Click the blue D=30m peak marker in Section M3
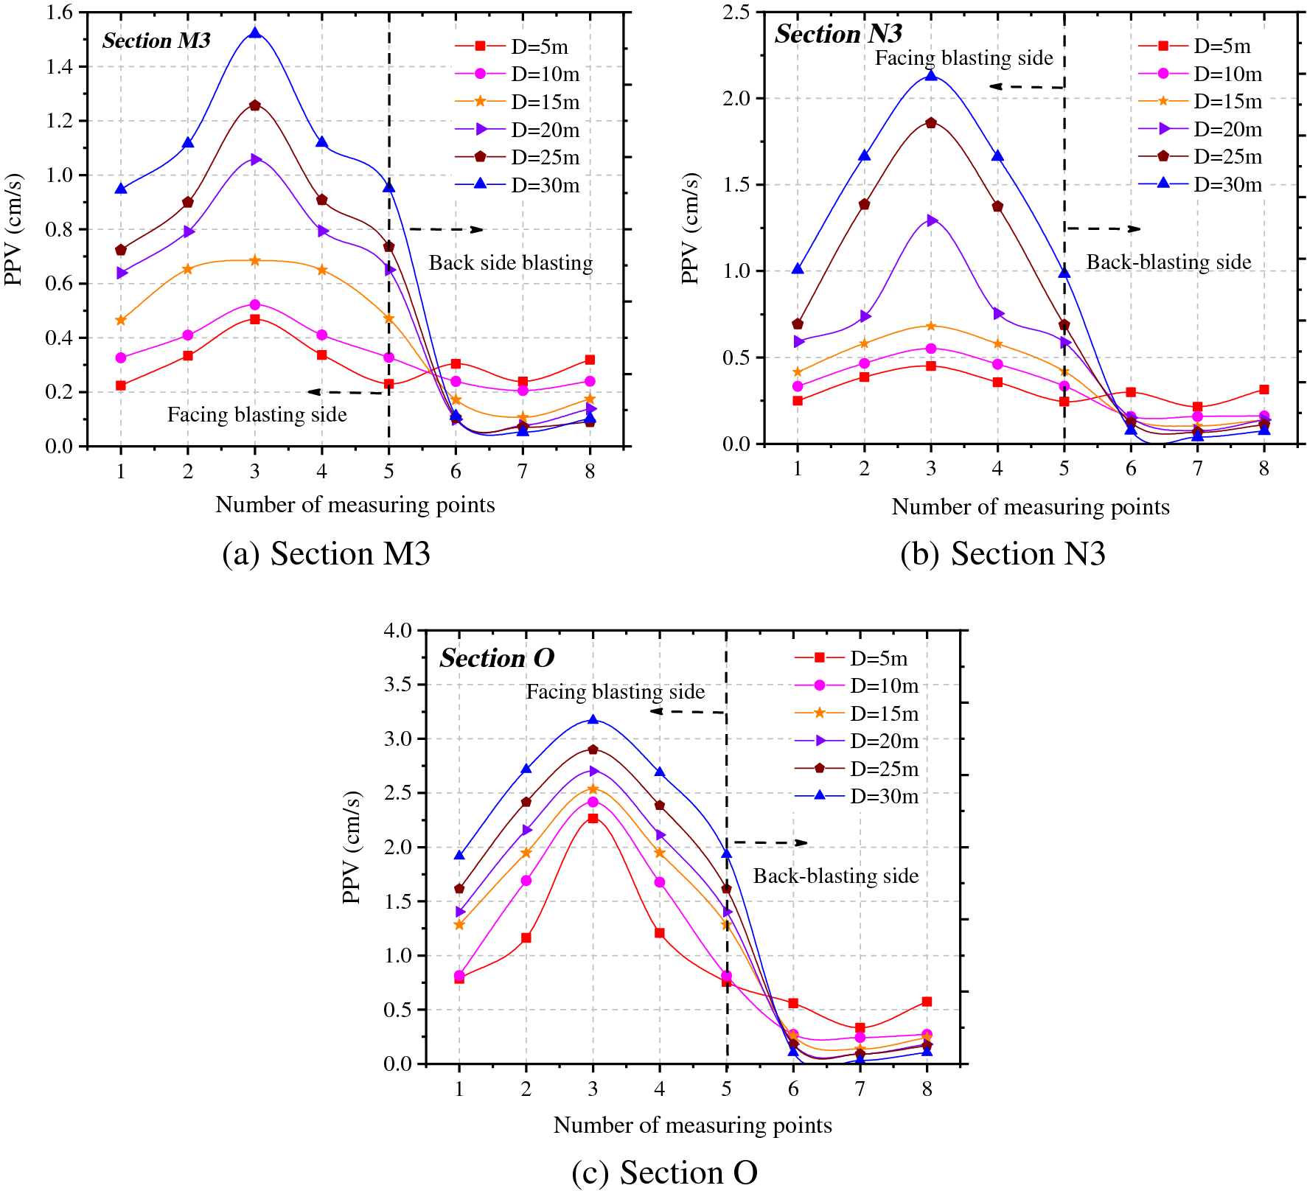click(x=255, y=33)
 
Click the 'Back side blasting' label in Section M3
click(x=511, y=263)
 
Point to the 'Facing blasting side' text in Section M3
click(x=257, y=415)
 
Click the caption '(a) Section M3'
click(x=326, y=554)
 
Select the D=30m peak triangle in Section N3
click(x=931, y=75)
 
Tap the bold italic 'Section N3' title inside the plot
click(x=838, y=34)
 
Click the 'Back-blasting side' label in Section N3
click(x=1168, y=262)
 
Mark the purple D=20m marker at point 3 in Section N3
click(x=932, y=220)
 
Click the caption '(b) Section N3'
click(x=1003, y=554)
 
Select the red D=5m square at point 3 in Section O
click(x=593, y=818)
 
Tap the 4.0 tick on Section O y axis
click(x=398, y=631)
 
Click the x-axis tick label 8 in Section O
click(x=927, y=1089)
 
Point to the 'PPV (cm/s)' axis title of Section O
click(x=352, y=848)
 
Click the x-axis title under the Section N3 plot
click(x=1030, y=507)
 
